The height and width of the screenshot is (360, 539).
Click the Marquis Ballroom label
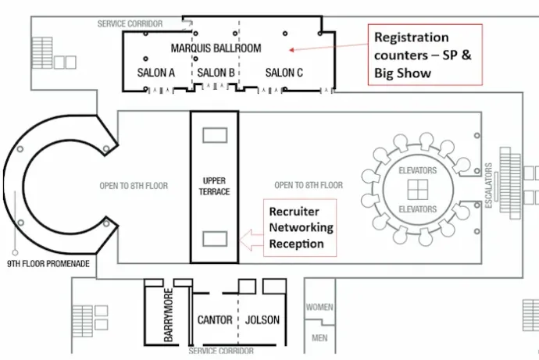tap(216, 48)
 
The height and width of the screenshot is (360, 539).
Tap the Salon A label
tap(155, 73)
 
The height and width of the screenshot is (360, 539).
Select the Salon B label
tap(216, 73)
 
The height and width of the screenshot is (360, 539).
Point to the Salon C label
tap(284, 73)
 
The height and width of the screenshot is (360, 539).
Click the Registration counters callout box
tap(425, 55)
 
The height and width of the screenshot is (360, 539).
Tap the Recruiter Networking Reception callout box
tap(300, 227)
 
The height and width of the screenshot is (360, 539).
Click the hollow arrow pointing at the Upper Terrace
tap(251, 240)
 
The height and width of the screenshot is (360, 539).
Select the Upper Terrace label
tap(214, 186)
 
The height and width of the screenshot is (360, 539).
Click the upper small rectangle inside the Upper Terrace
tap(215, 135)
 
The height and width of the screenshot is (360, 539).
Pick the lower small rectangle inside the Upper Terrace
tap(215, 239)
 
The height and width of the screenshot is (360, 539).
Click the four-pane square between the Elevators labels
tap(418, 190)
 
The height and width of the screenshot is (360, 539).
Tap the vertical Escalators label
tap(488, 186)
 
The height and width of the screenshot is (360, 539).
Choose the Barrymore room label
tap(169, 315)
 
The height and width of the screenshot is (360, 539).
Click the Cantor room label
tap(215, 320)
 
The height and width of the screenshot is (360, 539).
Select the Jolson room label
tap(262, 320)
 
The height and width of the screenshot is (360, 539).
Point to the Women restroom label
tap(319, 307)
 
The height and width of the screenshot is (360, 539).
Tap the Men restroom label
tap(319, 338)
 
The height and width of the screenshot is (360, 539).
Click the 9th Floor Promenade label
tap(48, 264)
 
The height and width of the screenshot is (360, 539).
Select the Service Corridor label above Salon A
tap(130, 23)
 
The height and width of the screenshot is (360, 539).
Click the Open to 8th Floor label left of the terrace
tap(134, 186)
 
